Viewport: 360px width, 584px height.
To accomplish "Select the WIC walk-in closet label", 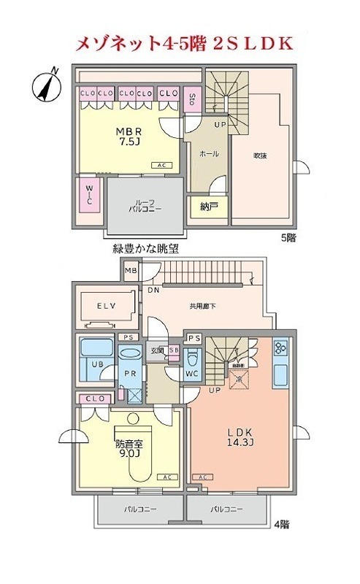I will [88, 195].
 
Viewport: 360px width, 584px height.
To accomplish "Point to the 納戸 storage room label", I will [209, 207].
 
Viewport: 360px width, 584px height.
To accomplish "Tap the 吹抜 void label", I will [260, 155].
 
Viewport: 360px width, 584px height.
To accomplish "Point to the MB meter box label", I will [131, 271].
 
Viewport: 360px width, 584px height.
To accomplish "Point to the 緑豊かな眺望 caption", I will [146, 250].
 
